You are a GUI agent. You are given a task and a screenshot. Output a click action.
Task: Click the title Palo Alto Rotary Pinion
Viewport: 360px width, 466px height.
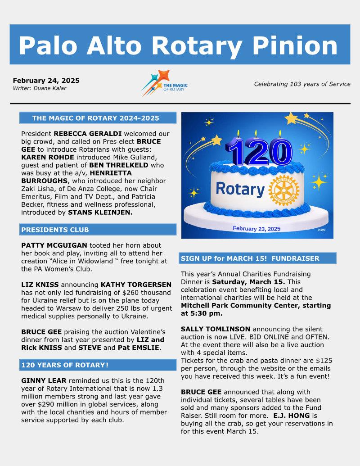click(x=178, y=45)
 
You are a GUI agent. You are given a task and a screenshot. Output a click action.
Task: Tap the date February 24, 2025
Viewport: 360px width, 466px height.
click(x=46, y=81)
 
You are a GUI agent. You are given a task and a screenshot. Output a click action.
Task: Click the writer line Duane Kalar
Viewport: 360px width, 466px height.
click(x=39, y=88)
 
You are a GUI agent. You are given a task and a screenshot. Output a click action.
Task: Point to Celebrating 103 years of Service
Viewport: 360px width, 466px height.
click(x=302, y=84)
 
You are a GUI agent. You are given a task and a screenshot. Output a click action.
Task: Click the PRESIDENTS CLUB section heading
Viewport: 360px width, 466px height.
click(x=55, y=230)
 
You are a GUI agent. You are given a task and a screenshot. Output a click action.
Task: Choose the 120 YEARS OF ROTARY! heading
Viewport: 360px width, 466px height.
click(x=64, y=365)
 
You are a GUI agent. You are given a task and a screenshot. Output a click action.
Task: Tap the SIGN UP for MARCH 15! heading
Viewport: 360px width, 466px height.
click(x=250, y=258)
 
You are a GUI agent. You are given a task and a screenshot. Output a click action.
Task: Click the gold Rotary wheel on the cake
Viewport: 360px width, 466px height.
click(x=283, y=190)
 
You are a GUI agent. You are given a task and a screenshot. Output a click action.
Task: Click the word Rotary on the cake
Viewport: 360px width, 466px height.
click(x=239, y=189)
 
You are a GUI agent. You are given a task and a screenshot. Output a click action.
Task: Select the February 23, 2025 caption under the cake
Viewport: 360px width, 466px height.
click(x=256, y=229)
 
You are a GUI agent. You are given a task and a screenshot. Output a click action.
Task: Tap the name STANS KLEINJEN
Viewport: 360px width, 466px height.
click(x=100, y=212)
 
